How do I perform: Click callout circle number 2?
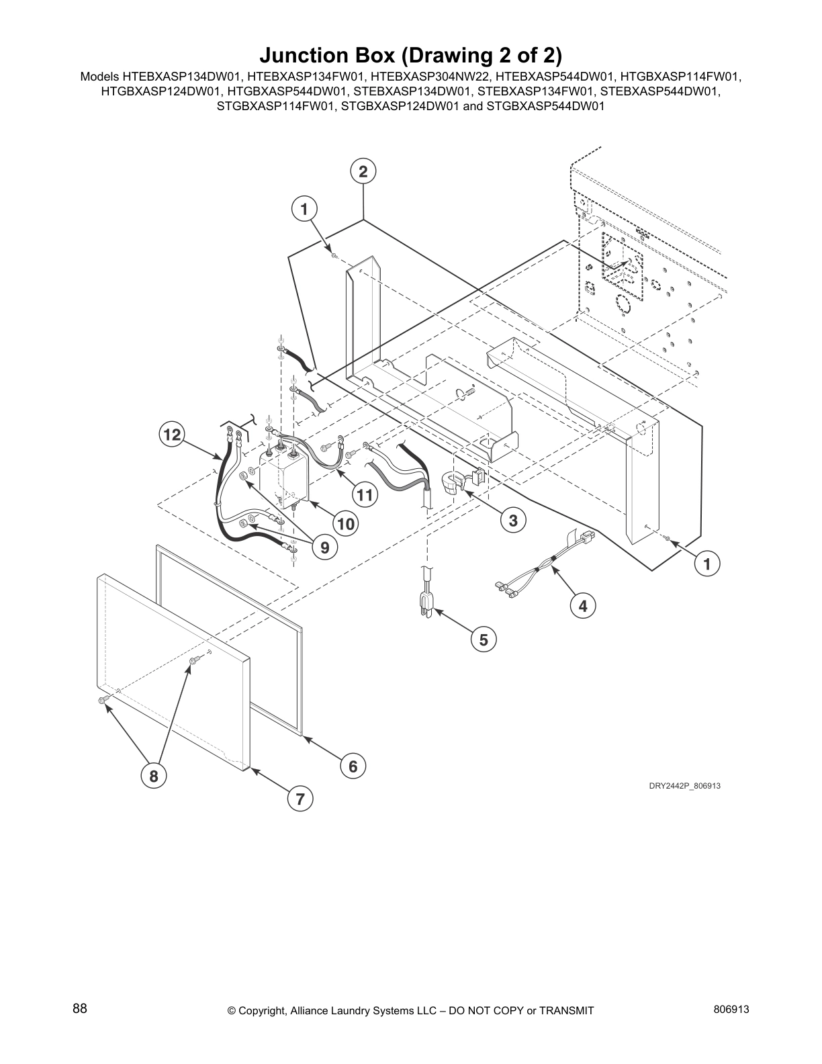click(x=363, y=172)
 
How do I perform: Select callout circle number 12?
click(x=172, y=435)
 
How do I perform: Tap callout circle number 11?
click(x=364, y=496)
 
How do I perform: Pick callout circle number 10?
click(x=346, y=523)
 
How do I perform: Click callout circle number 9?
click(x=324, y=547)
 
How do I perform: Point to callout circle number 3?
click(x=512, y=520)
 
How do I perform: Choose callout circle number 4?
click(x=582, y=606)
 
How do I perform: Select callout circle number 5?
click(x=484, y=639)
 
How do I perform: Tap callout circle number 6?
click(x=353, y=765)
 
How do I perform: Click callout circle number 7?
click(x=300, y=799)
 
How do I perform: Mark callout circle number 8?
click(x=153, y=777)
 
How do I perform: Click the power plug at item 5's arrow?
click(x=426, y=603)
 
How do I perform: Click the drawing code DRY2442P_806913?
click(x=684, y=785)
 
